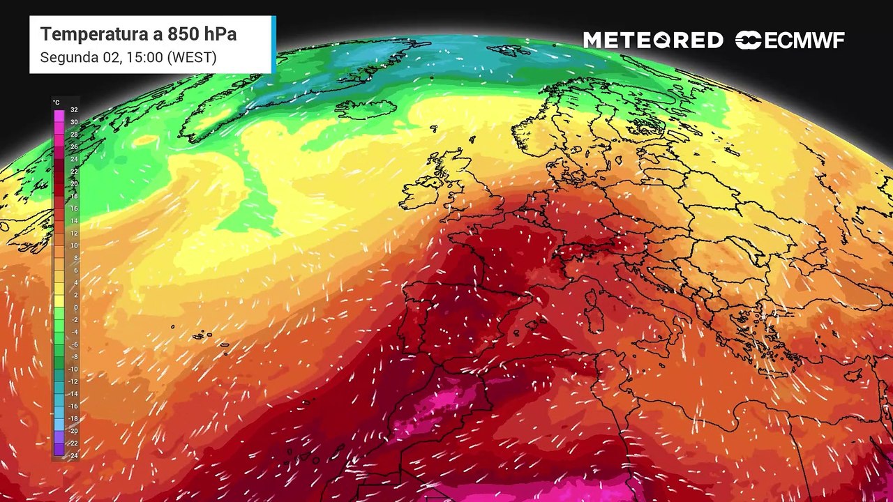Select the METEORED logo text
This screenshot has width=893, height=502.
653,40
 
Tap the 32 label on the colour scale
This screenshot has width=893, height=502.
74,110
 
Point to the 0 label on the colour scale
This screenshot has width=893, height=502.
75,307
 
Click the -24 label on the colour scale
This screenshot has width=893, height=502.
73,456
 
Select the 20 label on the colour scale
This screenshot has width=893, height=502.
74,184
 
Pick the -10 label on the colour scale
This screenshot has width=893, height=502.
73,370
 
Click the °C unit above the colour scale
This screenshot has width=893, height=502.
57,102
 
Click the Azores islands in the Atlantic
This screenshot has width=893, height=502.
202,335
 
